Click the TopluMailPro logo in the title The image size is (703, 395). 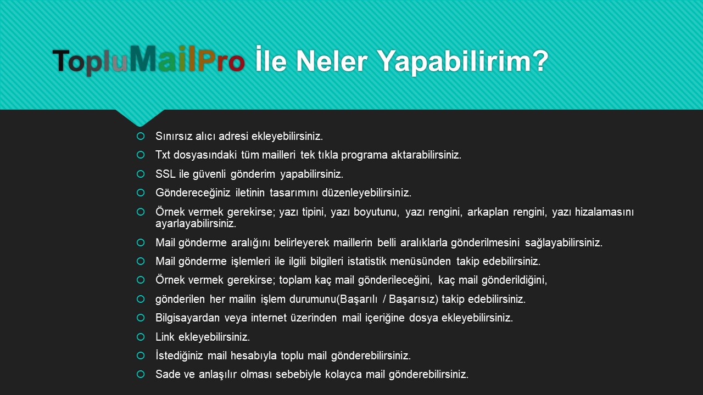148,60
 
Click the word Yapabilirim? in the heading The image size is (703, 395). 462,62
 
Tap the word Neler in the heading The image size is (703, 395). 332,61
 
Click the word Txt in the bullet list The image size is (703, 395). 163,155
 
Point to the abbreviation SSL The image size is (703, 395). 165,174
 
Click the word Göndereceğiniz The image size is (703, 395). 193,193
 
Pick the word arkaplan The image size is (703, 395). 488,212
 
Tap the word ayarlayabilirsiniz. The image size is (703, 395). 196,224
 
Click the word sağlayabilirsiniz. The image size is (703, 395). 563,242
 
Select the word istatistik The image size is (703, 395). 366,261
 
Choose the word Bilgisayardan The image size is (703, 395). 188,318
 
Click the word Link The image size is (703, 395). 165,337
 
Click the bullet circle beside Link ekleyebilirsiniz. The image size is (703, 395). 141,337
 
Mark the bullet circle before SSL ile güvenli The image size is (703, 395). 141,174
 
